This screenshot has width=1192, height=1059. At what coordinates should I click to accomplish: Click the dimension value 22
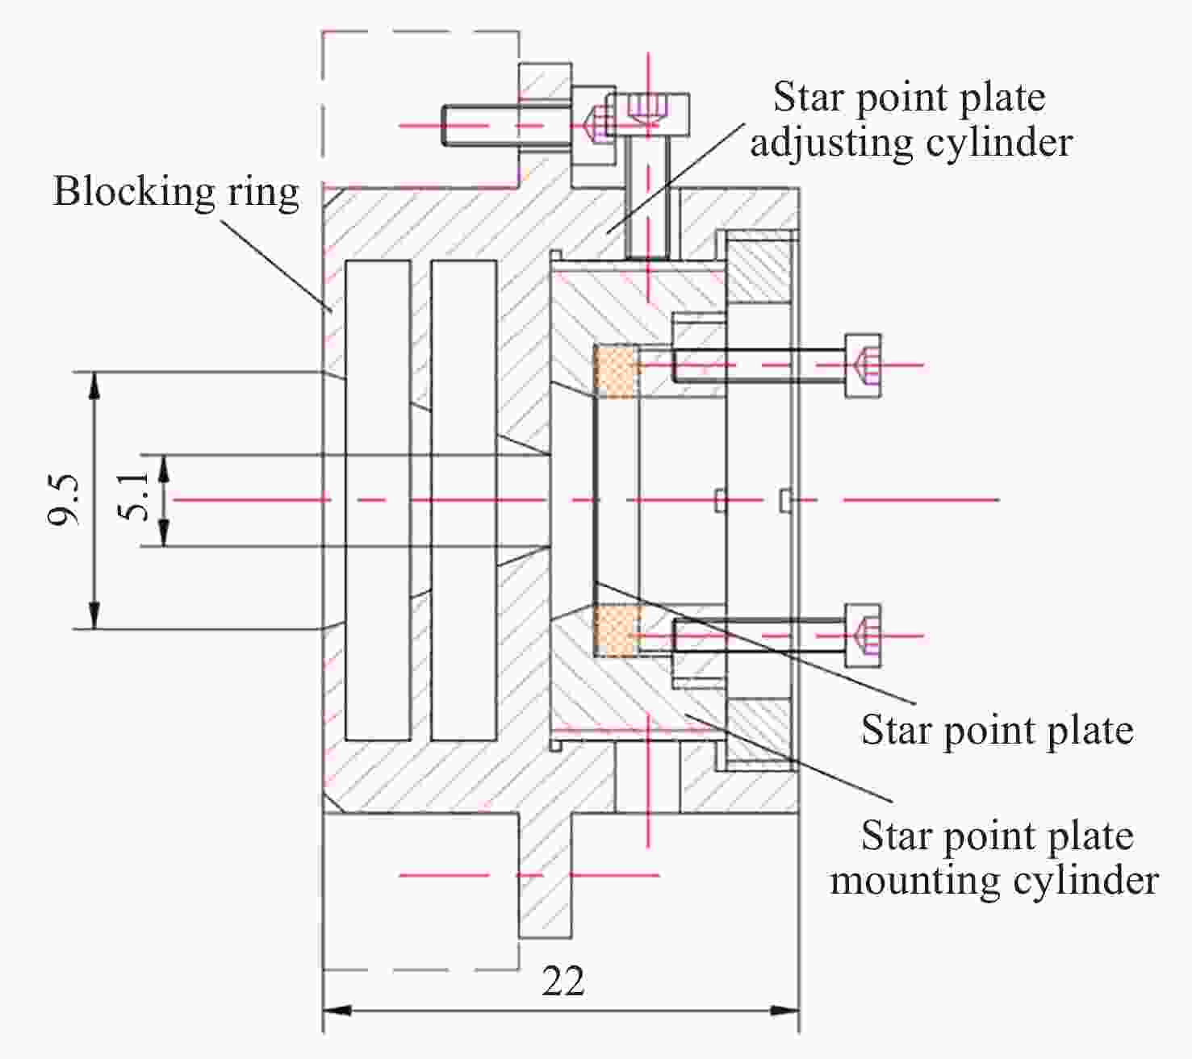563,982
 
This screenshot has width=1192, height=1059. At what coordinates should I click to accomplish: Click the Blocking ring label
176,192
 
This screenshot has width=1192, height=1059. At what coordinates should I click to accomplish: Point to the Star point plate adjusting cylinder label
911,119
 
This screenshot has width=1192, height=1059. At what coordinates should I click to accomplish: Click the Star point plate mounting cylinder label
995,857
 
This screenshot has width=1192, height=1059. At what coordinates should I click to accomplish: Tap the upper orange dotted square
617,370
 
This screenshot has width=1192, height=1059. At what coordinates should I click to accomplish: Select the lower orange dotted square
617,631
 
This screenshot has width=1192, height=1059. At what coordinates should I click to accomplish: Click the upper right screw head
863,365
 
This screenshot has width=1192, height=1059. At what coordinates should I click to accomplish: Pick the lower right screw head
863,635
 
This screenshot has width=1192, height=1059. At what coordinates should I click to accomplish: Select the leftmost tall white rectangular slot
377,500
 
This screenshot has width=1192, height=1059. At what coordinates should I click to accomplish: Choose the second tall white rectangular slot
463,500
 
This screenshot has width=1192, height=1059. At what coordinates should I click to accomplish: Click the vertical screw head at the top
647,114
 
